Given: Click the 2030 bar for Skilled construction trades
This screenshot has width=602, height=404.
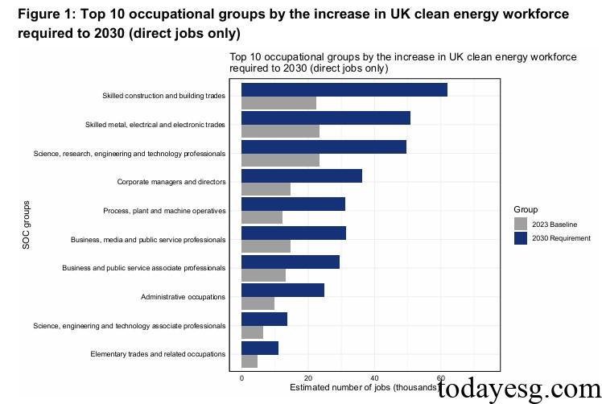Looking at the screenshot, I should click(344, 89).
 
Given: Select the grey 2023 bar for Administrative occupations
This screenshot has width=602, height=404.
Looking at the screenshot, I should click(258, 303).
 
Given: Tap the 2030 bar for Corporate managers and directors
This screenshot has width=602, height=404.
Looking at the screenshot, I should click(301, 175).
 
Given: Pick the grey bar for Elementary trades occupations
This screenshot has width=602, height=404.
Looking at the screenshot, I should click(249, 361).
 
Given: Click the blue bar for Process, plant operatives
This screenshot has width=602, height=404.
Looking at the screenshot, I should click(293, 204).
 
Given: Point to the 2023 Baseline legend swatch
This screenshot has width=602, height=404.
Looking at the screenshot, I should click(521, 224).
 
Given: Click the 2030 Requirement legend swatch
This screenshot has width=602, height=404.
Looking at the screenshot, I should click(521, 238).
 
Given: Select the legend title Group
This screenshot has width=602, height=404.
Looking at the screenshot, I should click(526, 209).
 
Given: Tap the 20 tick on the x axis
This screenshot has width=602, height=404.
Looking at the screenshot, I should click(307, 377).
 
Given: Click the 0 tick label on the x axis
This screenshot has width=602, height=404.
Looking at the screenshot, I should click(241, 377).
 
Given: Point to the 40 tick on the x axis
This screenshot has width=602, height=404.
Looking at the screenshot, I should click(374, 377).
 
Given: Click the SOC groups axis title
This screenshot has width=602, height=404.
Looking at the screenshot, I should click(26, 225).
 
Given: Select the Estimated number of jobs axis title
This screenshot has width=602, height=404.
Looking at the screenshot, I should click(362, 387).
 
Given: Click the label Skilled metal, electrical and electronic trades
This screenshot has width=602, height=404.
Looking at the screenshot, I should click(155, 125).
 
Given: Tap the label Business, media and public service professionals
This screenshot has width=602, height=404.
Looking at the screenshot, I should click(147, 239).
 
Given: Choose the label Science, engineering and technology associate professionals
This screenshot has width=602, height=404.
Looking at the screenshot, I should click(129, 325).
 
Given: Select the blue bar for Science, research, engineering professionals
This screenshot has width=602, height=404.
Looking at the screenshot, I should click(324, 146).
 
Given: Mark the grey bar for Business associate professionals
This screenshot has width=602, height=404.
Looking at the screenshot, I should click(263, 275).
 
